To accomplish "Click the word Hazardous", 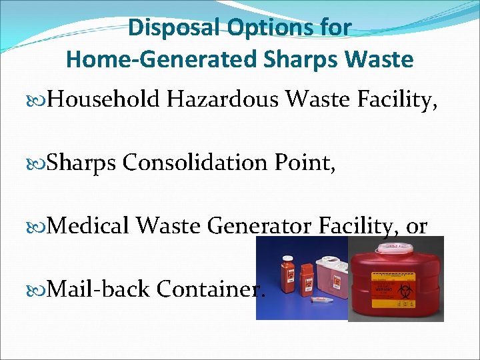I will tap(227, 100).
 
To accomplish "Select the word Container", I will tap(211, 289).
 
